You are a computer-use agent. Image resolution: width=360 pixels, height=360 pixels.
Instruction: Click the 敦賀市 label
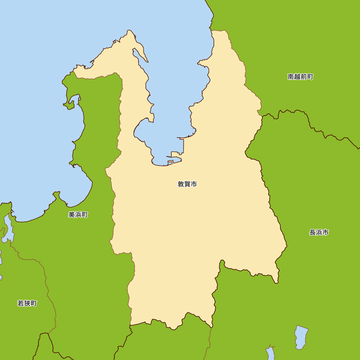(187, 184)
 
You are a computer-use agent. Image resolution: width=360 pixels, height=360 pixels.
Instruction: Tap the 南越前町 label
(300, 77)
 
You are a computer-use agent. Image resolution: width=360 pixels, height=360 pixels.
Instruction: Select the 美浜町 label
(78, 215)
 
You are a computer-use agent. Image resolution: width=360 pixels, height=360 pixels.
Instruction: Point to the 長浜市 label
(319, 233)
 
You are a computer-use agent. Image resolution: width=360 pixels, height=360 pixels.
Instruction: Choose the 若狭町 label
(27, 303)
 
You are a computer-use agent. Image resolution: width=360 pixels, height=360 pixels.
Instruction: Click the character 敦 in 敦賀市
(181, 184)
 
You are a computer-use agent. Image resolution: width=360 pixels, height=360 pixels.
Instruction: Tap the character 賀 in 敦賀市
(187, 184)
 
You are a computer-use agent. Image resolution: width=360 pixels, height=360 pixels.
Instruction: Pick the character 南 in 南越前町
(291, 77)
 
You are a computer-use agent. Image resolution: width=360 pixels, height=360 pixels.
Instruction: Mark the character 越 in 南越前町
(297, 77)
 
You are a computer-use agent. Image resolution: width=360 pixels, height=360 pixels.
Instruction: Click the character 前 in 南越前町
(304, 77)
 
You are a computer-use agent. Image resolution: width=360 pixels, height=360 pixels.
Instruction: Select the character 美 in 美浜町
(72, 215)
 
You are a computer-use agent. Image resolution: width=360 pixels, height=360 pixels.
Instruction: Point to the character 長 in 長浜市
(312, 233)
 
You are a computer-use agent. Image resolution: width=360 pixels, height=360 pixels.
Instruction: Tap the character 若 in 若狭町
(21, 303)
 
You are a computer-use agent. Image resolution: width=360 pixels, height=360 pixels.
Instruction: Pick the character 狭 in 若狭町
(27, 303)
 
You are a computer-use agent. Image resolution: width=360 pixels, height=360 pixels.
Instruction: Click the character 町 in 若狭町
(34, 303)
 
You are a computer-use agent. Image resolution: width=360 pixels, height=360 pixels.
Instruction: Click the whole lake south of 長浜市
(301, 337)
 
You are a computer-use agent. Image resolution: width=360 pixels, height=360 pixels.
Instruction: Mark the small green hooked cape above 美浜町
(69, 105)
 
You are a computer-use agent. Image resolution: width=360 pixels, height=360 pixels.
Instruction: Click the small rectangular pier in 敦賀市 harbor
(170, 163)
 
